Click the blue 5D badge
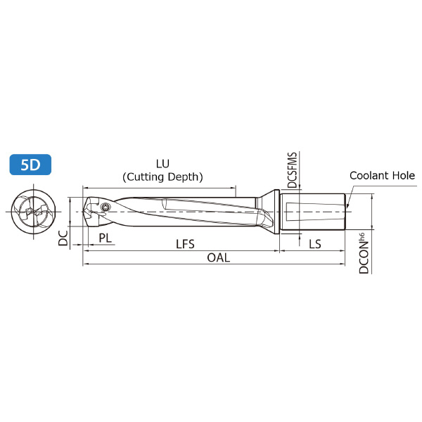pyautogui.click(x=30, y=165)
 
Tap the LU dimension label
pyautogui.click(x=163, y=164)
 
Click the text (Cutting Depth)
pyautogui.click(x=162, y=177)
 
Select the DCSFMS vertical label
pyautogui.click(x=293, y=170)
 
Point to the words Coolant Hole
pyautogui.click(x=382, y=175)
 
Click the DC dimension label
pyautogui.click(x=63, y=238)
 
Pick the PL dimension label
pyautogui.click(x=105, y=238)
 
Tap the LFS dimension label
pyautogui.click(x=185, y=244)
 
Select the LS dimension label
pyautogui.click(x=315, y=244)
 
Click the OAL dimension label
pyautogui.click(x=219, y=258)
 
